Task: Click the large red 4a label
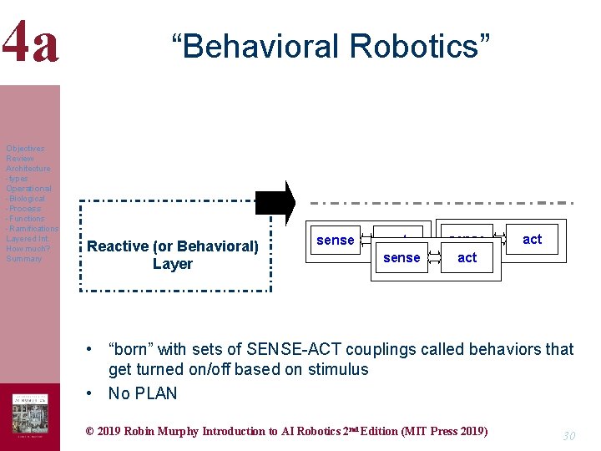pyautogui.click(x=30, y=43)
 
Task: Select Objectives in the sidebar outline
pyautogui.click(x=25, y=149)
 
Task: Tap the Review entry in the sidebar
pyautogui.click(x=20, y=159)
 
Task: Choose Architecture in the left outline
pyautogui.click(x=28, y=169)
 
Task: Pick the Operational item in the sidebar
pyautogui.click(x=28, y=189)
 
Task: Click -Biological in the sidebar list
pyautogui.click(x=26, y=199)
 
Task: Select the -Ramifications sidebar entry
pyautogui.click(x=32, y=229)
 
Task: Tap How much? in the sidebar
pyautogui.click(x=28, y=249)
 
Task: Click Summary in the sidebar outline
pyautogui.click(x=23, y=259)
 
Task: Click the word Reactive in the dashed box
pyautogui.click(x=118, y=246)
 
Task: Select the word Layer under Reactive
pyautogui.click(x=173, y=264)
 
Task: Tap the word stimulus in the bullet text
pyautogui.click(x=334, y=369)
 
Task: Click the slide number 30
pyautogui.click(x=568, y=435)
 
